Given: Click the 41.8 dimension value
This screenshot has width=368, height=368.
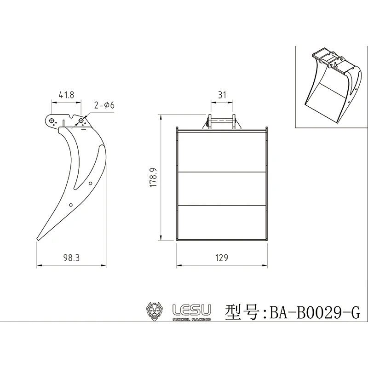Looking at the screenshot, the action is tap(66, 95).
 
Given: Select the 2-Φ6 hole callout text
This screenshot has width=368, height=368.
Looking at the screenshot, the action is tap(104, 106).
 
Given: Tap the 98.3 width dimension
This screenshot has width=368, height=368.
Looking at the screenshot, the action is tap(71, 258).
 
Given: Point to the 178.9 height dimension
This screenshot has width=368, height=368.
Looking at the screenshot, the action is tap(154, 178).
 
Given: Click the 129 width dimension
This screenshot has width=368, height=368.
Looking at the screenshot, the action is tap(222, 258).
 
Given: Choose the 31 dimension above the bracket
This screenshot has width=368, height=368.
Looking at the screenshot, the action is tap(222, 95).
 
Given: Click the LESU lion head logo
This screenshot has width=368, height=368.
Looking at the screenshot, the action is tap(154, 311).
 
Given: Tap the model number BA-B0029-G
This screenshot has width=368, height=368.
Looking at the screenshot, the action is tap(315, 313).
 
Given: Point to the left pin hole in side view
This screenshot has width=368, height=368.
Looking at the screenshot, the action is tap(51, 121).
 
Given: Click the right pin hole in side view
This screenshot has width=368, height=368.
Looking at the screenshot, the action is tap(81, 121).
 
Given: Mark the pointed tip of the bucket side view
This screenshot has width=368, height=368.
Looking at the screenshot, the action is tap(37, 239).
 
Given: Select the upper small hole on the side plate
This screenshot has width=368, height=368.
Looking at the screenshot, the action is tap(91, 183).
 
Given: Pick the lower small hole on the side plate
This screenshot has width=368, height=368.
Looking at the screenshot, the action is tap(71, 205).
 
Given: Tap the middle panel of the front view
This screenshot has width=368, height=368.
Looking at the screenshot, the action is tap(222, 189).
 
